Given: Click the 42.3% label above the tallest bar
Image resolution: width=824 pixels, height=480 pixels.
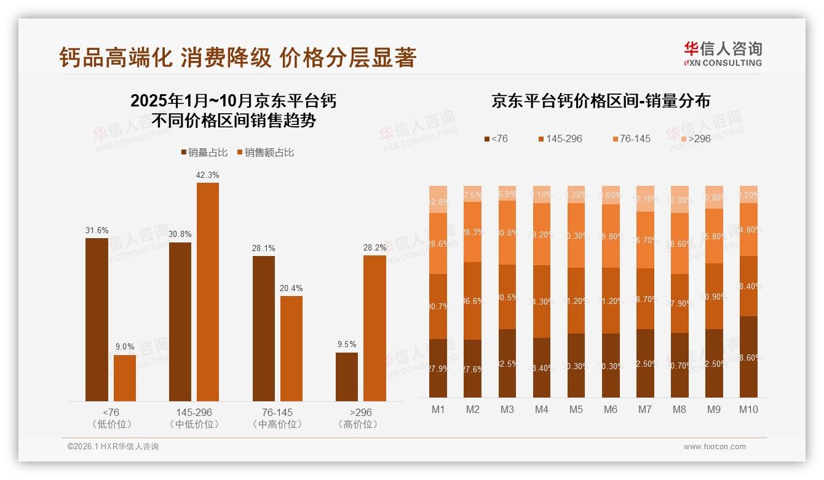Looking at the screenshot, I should [x=207, y=175].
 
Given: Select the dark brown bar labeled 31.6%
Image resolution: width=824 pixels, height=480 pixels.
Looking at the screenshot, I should [x=97, y=319].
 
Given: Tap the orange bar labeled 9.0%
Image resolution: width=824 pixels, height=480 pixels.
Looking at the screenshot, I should [x=125, y=378].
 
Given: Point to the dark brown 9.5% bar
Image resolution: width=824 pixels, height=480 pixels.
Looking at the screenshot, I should [x=347, y=377].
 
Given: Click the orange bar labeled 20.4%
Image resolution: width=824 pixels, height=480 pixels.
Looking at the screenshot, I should [x=291, y=348].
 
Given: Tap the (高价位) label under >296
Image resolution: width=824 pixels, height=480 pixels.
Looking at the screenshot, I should [x=358, y=425].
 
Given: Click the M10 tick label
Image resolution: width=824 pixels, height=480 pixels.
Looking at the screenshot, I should [x=748, y=409].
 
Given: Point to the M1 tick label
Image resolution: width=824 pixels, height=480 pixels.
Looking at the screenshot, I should [x=438, y=409].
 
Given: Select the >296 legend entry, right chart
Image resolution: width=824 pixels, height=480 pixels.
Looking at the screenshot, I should [x=694, y=139].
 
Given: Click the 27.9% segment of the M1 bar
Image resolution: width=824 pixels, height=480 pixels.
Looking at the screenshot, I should [x=438, y=368].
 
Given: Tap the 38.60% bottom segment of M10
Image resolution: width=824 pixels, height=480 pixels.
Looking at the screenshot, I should [x=748, y=357].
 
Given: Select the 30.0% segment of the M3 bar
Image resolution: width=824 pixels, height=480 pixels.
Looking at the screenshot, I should [x=507, y=233].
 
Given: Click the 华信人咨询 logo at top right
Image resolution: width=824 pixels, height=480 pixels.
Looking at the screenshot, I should [x=723, y=54].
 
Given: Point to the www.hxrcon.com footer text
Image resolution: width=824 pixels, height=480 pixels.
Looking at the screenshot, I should [x=715, y=447].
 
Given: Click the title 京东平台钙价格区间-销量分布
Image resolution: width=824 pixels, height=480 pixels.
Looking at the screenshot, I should [x=600, y=102].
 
